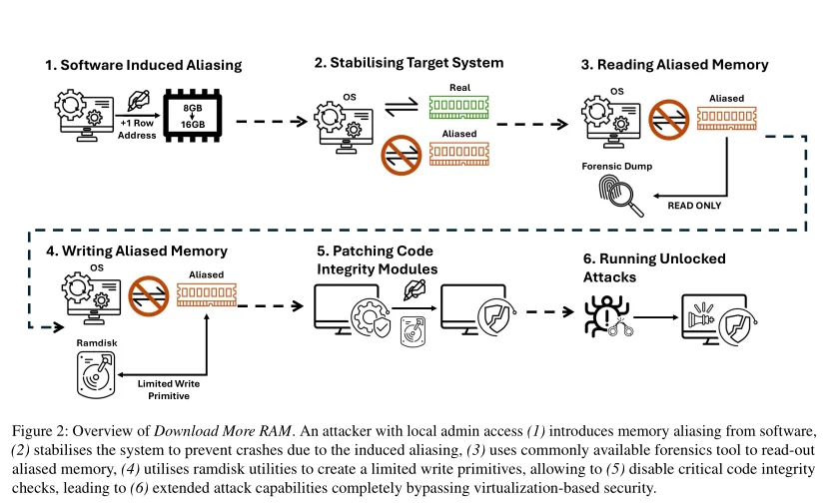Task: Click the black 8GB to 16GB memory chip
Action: (193, 116)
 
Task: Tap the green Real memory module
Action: (459, 107)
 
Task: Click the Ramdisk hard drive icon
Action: (96, 375)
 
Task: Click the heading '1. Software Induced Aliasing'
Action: (143, 65)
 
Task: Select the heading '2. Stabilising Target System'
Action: (409, 63)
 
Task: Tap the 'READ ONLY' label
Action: (694, 206)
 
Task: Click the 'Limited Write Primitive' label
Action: (169, 390)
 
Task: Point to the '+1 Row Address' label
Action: (138, 129)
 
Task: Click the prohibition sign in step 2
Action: (402, 155)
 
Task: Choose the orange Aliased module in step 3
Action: (727, 119)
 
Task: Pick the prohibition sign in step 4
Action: (149, 295)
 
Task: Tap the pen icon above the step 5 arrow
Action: (415, 289)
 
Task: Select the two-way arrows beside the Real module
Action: (402, 106)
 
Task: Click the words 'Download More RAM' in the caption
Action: (223, 431)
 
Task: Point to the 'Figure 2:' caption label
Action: (40, 431)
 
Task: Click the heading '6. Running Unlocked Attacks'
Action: (654, 268)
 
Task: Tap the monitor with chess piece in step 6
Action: (719, 319)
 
